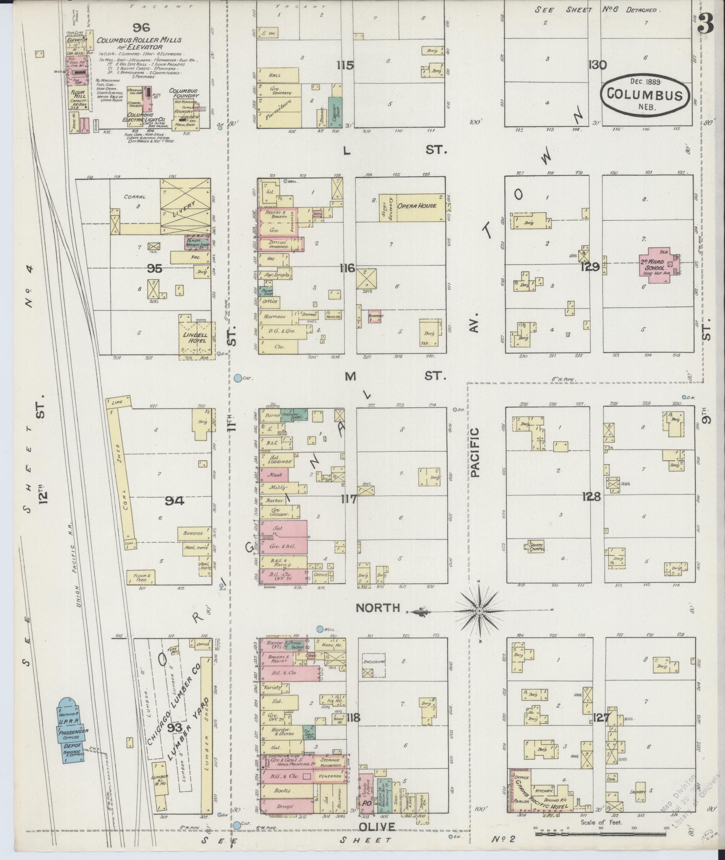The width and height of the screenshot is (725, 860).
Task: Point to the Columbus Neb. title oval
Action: [x=645, y=95]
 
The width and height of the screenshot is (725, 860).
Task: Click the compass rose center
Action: [x=480, y=611]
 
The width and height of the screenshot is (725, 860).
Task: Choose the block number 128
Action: [x=591, y=497]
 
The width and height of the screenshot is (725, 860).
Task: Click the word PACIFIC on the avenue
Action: [x=475, y=452]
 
